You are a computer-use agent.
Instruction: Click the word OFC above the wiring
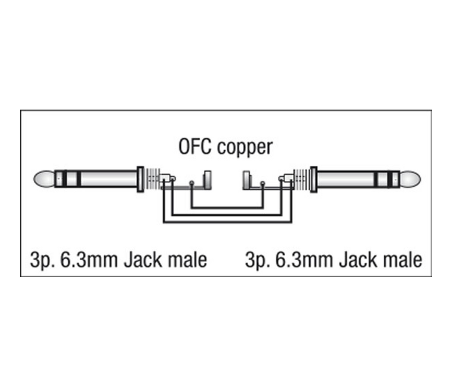point(196,147)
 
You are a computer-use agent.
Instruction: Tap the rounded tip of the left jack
point(43,179)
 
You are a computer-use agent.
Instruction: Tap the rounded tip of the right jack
point(411,179)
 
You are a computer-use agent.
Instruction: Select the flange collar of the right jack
point(313,179)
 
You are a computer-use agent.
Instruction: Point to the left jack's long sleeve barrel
point(108,179)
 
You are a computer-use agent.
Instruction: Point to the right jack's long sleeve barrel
point(346,179)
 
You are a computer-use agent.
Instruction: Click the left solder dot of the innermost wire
point(192,183)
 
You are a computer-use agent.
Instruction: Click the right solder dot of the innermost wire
point(263,183)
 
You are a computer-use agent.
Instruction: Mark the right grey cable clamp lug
point(246,180)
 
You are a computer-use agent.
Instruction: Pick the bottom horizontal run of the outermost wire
point(227,223)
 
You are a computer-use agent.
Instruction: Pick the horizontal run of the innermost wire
point(227,208)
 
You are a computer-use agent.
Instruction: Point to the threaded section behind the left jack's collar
point(152,179)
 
